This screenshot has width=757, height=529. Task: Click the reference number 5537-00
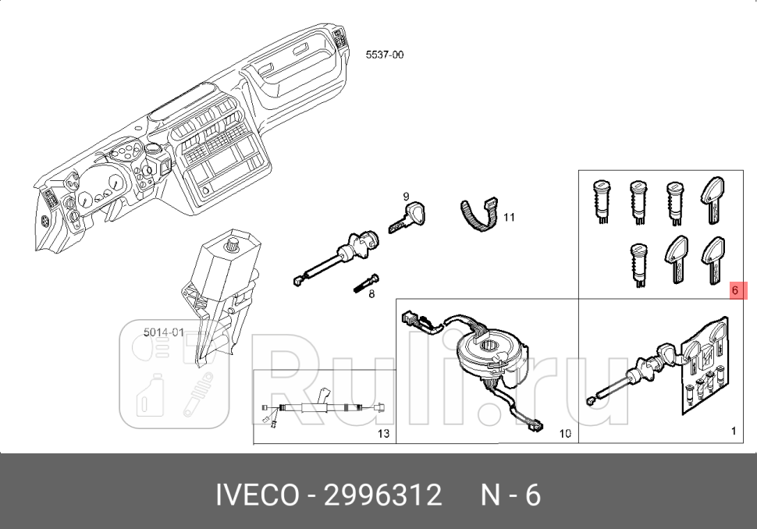(x=384, y=55)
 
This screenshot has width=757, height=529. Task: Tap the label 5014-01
(x=164, y=332)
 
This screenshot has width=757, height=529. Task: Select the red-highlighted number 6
(x=735, y=290)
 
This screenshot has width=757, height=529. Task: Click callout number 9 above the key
(x=406, y=197)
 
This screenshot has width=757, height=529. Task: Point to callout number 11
(x=510, y=217)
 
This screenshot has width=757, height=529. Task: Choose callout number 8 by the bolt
(x=371, y=293)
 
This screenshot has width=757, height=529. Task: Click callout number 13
(x=383, y=434)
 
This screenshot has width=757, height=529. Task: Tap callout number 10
(x=565, y=434)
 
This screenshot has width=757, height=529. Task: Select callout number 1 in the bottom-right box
(x=734, y=431)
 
